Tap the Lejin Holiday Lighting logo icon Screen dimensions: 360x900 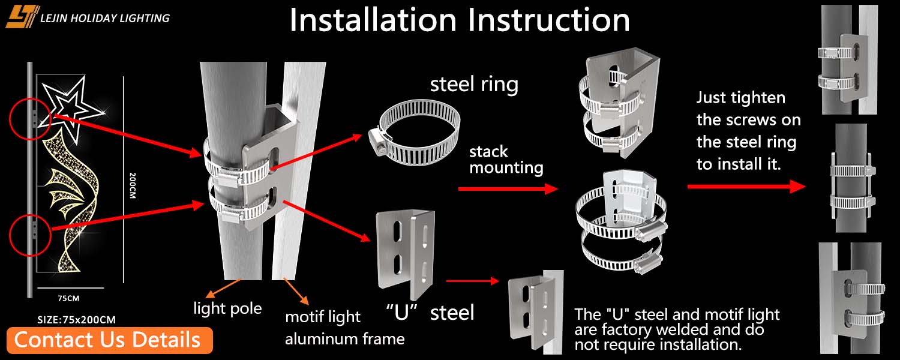tap(22, 17)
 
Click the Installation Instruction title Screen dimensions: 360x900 tap(460, 20)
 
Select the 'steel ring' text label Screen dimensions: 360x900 tap(474, 84)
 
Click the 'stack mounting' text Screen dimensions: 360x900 tap(506, 159)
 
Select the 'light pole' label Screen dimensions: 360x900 tap(227, 308)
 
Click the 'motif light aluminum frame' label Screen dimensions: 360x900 tap(344, 328)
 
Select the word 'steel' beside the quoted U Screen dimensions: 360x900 tap(452, 312)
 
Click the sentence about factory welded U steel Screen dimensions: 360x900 tap(677, 329)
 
